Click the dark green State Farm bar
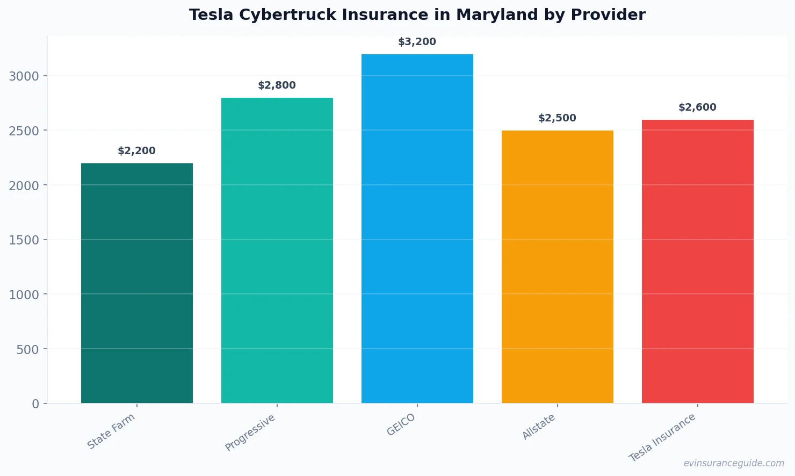tap(137, 283)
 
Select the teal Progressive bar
tap(277, 250)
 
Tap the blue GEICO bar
tap(417, 228)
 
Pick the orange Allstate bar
tap(558, 266)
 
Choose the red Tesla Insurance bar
tap(698, 261)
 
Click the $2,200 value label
tap(137, 151)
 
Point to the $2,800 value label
tap(277, 85)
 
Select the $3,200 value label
tap(417, 42)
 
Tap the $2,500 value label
tap(558, 118)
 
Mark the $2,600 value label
tap(698, 107)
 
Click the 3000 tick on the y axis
tap(24, 76)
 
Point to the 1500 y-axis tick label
tap(24, 240)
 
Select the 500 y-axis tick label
tap(28, 350)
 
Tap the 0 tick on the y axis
tap(35, 404)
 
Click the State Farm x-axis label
tap(112, 431)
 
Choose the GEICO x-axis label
tap(401, 425)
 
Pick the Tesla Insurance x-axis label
tap(663, 437)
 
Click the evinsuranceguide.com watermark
tap(734, 463)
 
